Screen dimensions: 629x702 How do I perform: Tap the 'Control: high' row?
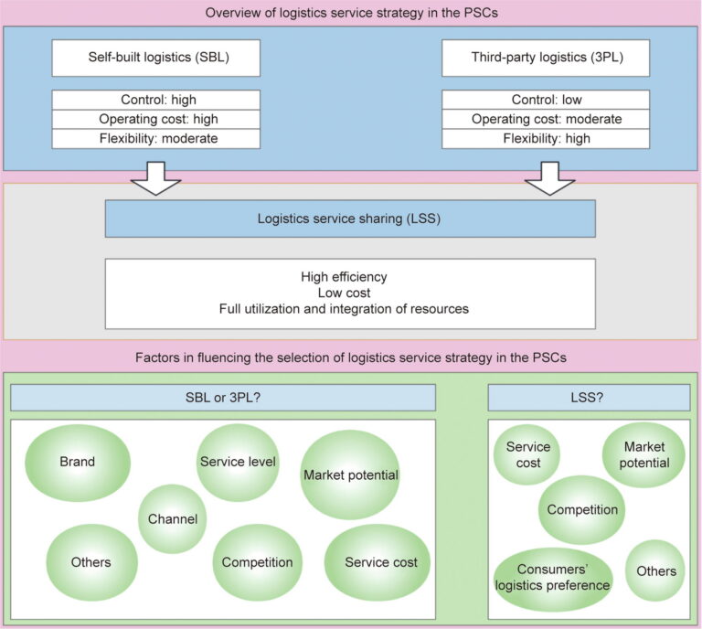click(155, 100)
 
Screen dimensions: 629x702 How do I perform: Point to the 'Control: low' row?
click(546, 100)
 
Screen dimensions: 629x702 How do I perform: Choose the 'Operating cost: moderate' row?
click(546, 119)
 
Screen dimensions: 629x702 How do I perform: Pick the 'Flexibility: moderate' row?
click(155, 138)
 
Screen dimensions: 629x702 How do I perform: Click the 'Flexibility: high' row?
click(546, 138)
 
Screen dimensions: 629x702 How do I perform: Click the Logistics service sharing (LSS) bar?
click(350, 219)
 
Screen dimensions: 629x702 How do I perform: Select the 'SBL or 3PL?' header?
click(222, 398)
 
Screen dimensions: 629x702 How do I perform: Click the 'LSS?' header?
click(588, 398)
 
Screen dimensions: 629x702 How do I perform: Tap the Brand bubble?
click(77, 463)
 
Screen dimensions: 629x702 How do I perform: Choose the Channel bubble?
click(173, 519)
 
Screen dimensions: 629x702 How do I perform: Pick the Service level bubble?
click(238, 463)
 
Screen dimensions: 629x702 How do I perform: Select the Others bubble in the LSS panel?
click(655, 571)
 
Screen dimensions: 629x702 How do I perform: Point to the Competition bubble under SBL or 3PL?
click(257, 562)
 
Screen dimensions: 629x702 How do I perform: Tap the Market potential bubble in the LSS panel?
click(644, 455)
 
